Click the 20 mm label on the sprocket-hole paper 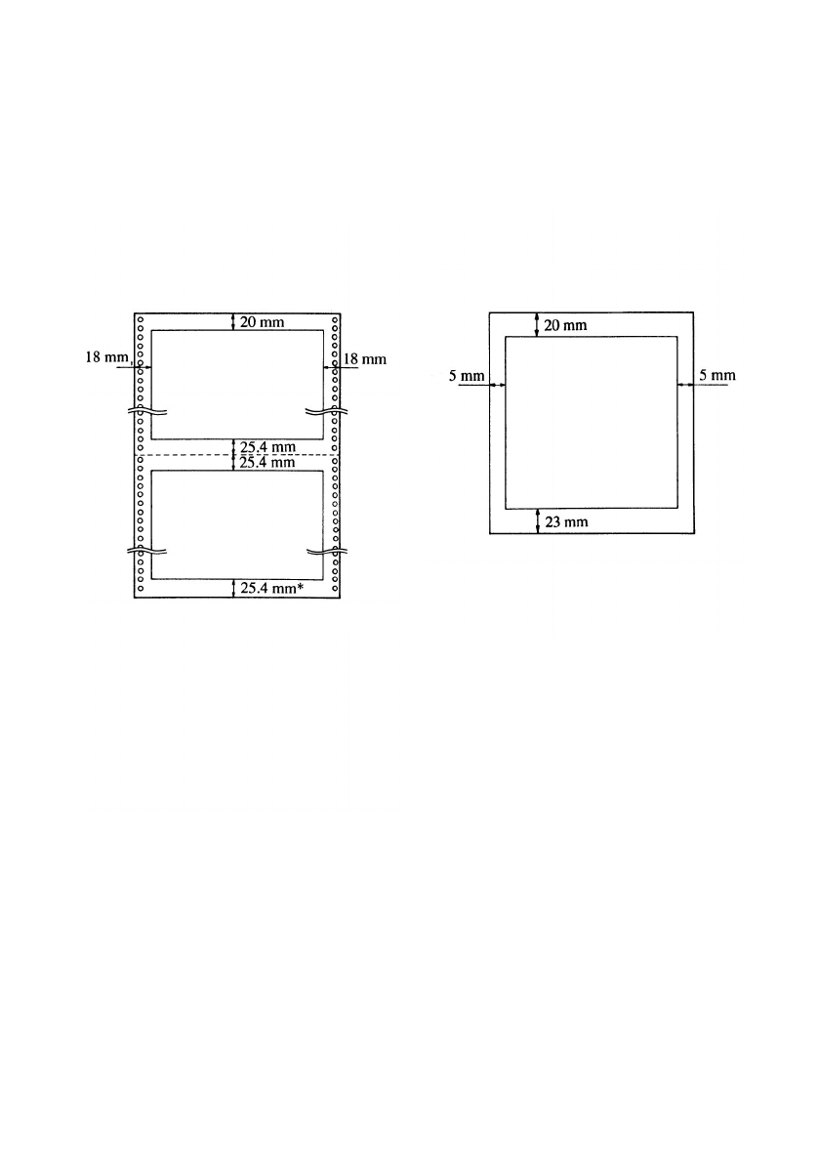[x=262, y=321]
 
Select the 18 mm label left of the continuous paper [x=107, y=357]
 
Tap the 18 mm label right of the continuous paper [x=365, y=359]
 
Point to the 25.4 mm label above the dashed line [x=267, y=447]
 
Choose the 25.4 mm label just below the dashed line [x=267, y=463]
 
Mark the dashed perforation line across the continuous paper [x=237, y=454]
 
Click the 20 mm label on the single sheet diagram [x=566, y=325]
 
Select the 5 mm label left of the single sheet [x=467, y=376]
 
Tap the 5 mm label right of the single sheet [x=717, y=375]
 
